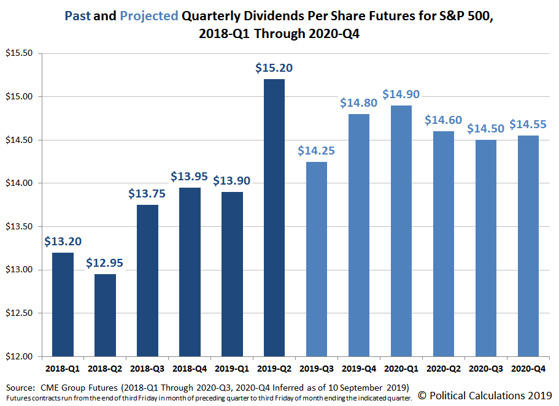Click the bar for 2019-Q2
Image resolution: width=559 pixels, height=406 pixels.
[274, 218]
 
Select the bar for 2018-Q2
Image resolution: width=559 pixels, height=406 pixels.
[105, 315]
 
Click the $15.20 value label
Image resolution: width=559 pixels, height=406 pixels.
[274, 68]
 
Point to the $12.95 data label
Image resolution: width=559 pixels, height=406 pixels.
[105, 263]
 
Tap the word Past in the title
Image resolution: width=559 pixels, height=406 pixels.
[77, 15]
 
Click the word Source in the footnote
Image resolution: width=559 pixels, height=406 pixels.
[19, 388]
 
